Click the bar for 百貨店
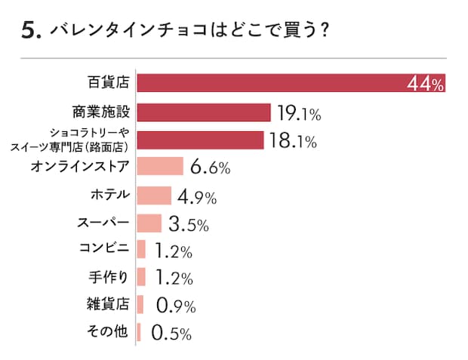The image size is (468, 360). click(291, 83)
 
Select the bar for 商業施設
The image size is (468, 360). click(203, 112)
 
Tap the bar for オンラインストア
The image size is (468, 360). click(160, 166)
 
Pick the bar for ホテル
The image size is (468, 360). click(154, 195)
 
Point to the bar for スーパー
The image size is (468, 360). click(149, 223)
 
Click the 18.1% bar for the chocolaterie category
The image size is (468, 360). click(200, 140)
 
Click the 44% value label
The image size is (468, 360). click(425, 84)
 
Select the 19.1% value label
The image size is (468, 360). click(299, 114)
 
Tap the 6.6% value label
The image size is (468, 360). click(209, 168)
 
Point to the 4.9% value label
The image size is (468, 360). click(197, 196)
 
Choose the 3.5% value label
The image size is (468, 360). click(187, 225)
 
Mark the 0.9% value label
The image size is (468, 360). click(175, 306)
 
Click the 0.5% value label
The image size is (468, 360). click(171, 332)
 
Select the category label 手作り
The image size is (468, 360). click(109, 276)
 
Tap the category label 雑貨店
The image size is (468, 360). click(109, 303)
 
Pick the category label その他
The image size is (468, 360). click(109, 331)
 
